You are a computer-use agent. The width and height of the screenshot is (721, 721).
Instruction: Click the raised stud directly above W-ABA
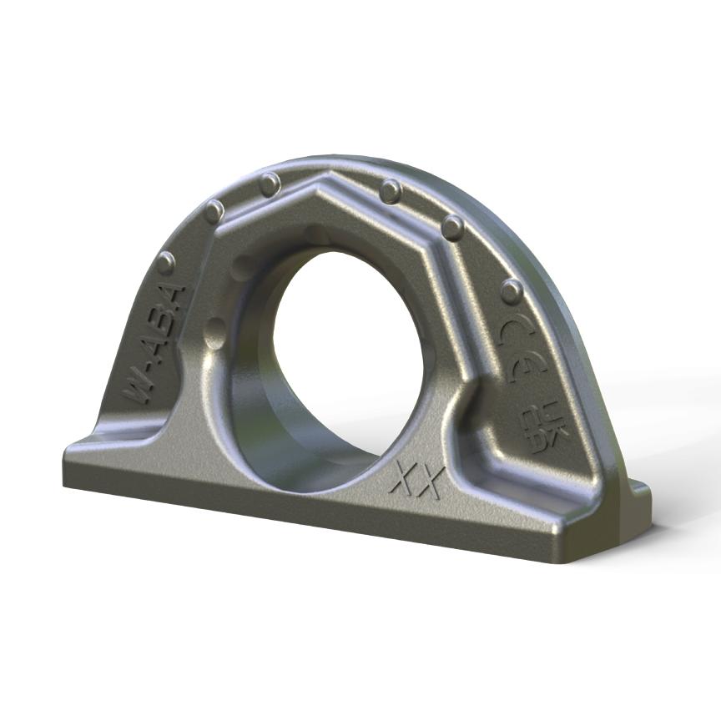coord(166,263)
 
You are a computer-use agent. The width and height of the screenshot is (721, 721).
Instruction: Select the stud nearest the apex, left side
coord(270,183)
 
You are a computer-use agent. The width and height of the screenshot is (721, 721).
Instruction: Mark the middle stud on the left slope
coord(214,211)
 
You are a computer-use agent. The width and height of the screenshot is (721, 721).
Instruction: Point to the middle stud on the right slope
coord(453,227)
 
